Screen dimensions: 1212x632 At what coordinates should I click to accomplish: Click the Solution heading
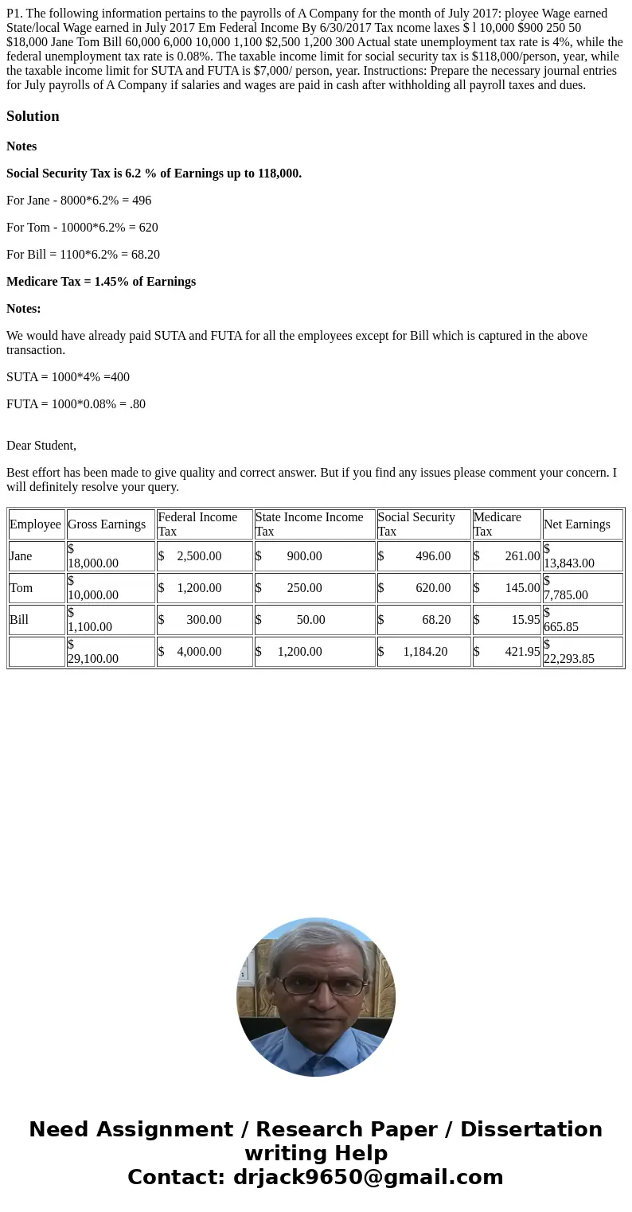pos(33,116)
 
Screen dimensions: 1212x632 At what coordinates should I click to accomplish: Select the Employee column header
pos(36,524)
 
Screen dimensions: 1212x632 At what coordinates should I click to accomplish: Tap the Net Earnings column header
pos(576,524)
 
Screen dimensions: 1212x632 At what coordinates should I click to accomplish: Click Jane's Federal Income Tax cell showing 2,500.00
pos(204,556)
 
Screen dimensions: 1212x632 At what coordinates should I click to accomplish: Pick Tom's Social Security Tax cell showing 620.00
pos(423,588)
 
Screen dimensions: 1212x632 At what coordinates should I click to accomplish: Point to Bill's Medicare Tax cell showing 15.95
pos(506,620)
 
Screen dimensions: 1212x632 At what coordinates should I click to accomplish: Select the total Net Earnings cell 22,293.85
pos(583,652)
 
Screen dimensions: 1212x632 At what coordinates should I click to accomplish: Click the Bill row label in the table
pos(20,620)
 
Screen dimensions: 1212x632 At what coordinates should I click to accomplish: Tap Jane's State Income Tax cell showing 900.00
pos(314,556)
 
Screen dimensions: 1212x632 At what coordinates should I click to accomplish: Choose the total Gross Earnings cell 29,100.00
pos(110,652)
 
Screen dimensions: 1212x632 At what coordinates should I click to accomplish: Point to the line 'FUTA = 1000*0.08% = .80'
pos(76,404)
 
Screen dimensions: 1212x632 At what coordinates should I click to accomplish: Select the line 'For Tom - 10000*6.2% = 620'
pos(82,228)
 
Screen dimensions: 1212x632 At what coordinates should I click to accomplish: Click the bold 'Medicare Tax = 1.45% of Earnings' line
pos(101,282)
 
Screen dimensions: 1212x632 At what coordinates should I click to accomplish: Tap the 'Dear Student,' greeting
pos(41,446)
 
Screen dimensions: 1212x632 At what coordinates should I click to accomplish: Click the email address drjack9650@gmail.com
pos(368,1178)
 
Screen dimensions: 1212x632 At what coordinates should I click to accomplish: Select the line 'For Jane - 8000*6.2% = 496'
pos(79,201)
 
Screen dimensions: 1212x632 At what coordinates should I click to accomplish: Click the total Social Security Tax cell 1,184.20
pos(423,652)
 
